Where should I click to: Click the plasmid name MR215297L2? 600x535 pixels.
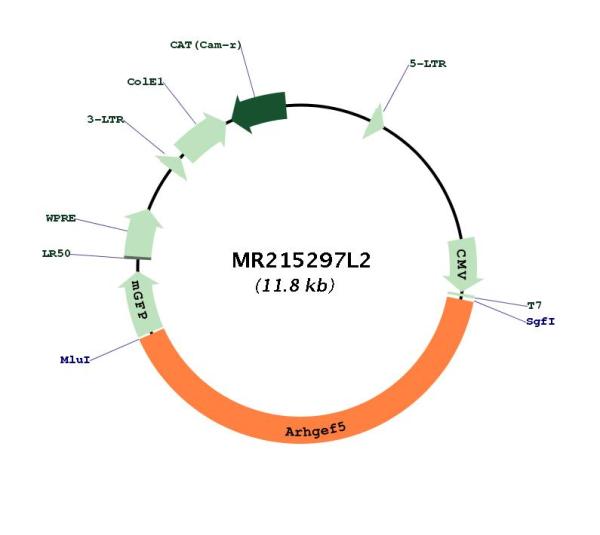301,261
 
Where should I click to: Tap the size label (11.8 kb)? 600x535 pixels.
295,285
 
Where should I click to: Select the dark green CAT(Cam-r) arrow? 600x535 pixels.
260,111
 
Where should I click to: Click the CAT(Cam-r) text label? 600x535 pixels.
206,45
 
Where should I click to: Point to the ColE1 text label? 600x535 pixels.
145,82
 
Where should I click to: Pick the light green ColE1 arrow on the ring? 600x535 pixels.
201,137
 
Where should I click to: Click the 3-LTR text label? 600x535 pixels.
106,120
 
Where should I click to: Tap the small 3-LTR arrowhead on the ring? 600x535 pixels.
174,165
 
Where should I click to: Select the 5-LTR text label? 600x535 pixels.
428,64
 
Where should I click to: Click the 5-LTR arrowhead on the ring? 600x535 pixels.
375,122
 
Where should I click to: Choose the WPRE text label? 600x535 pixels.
61,218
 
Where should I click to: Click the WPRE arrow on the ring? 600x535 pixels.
141,233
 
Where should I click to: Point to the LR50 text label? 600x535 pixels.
56,253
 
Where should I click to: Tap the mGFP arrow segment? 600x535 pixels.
140,305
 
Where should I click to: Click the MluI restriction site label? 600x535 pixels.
75,360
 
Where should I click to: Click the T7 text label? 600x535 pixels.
534,305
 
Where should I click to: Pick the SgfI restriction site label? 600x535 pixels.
540,321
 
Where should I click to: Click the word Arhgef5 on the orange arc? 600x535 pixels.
315,430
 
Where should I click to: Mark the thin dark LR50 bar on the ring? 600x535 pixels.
137,258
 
